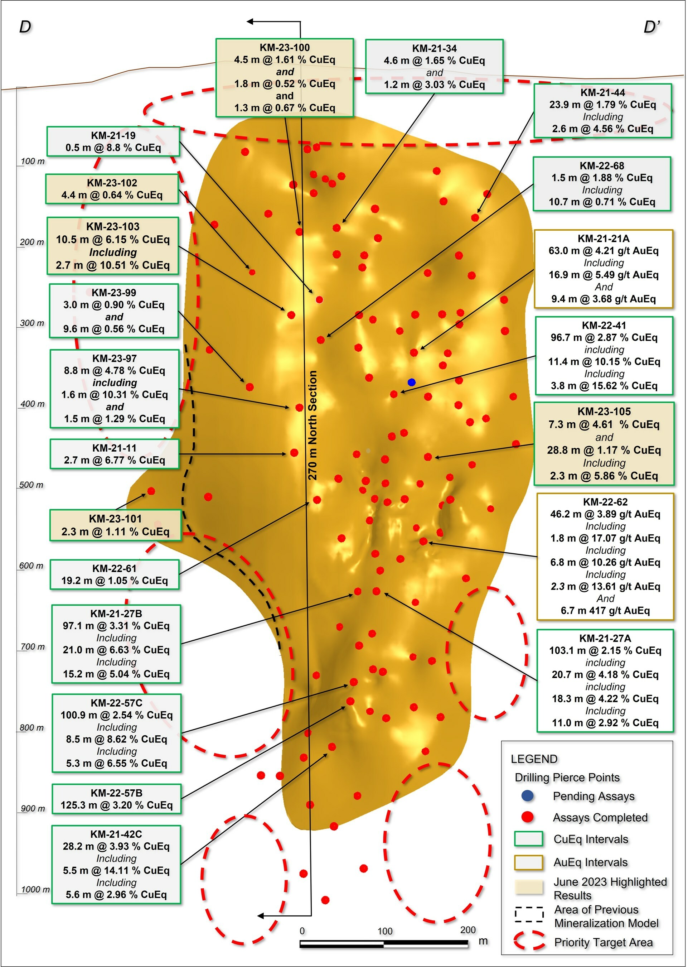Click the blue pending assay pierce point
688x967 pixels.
[411, 382]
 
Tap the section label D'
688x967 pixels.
[651, 28]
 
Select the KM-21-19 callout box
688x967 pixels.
[113, 141]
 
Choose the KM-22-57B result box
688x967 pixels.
[116, 799]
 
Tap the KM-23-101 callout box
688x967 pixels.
[115, 525]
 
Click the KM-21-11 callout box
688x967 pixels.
[115, 454]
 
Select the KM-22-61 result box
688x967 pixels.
[115, 574]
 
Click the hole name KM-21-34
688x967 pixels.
[434, 48]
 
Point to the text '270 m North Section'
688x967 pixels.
[312, 425]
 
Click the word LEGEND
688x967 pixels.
[534, 759]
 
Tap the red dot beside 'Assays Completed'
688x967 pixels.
[527, 817]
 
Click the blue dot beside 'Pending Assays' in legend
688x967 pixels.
[527, 796]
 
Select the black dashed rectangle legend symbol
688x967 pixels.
[529, 914]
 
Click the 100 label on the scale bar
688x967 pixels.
[385, 931]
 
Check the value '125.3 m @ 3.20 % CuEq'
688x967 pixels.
[116, 805]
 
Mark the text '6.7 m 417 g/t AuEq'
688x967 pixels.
[605, 611]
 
